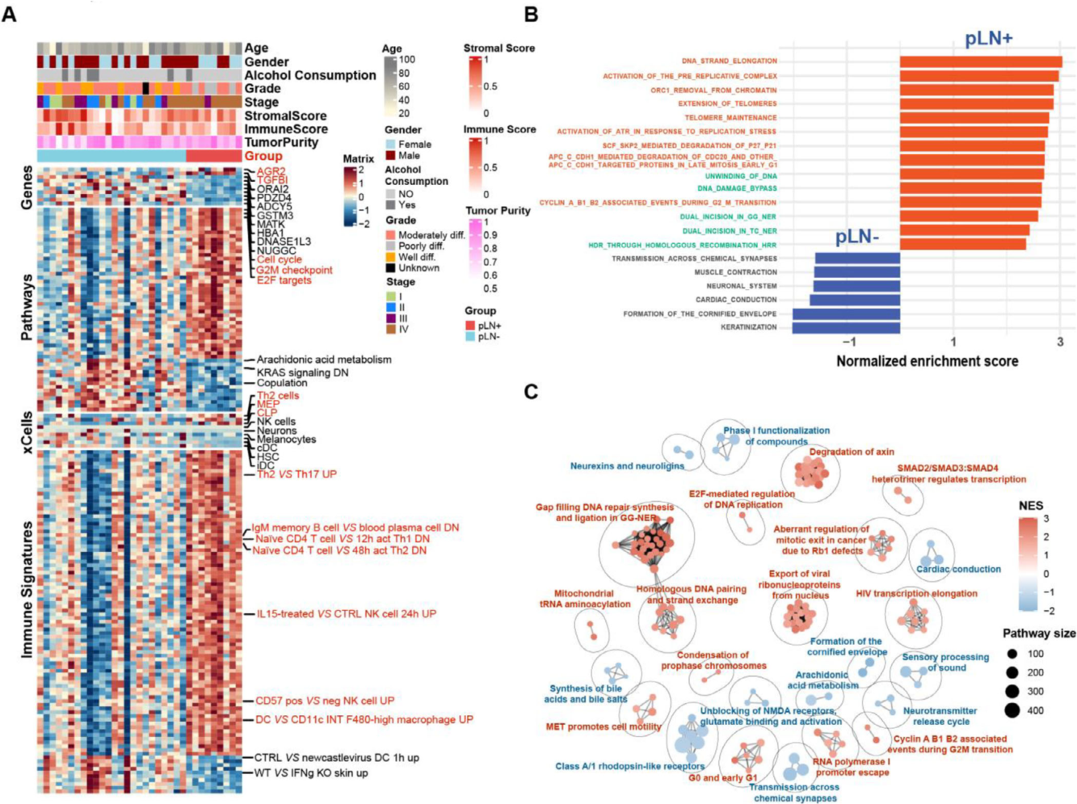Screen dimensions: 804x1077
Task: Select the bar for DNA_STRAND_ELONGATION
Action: [980, 61]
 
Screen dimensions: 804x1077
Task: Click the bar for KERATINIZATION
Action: [846, 327]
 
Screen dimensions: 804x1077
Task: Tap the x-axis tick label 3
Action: [1060, 343]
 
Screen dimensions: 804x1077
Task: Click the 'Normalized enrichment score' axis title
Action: [927, 361]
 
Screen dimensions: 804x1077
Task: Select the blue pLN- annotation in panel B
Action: [857, 237]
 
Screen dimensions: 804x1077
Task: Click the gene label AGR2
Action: [271, 171]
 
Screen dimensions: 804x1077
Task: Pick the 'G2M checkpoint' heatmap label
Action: [294, 270]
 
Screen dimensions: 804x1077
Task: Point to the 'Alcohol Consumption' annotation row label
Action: [310, 75]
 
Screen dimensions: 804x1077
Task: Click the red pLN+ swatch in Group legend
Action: [470, 325]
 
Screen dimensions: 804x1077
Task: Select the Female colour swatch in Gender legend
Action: [390, 144]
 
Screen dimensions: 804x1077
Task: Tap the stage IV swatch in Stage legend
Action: [390, 329]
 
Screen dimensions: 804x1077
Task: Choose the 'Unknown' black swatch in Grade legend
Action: [390, 267]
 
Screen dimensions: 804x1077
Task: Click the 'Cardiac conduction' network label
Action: [958, 569]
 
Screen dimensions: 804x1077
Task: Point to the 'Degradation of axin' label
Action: [851, 452]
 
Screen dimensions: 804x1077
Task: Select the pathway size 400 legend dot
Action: [1012, 710]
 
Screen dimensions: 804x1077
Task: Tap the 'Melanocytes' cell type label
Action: [286, 440]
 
